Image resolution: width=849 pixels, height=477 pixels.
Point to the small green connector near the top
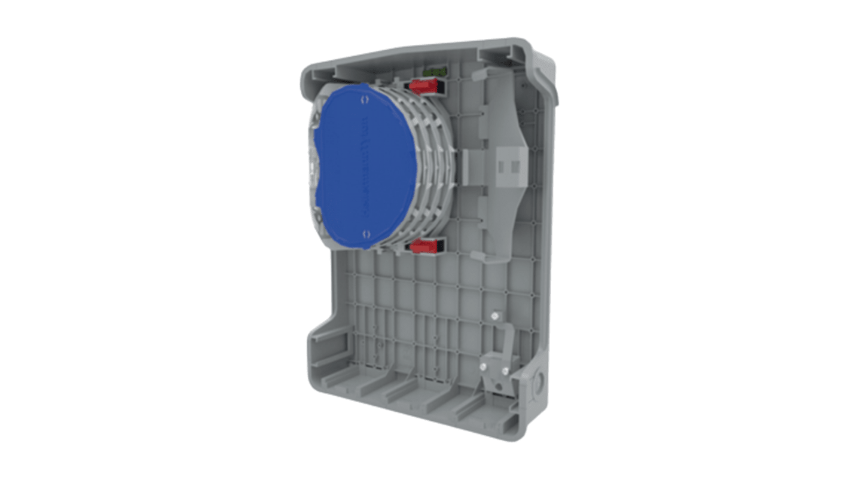click(x=435, y=72)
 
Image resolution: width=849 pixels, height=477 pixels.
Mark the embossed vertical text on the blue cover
click(x=362, y=167)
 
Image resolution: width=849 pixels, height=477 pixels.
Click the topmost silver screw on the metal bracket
click(x=494, y=315)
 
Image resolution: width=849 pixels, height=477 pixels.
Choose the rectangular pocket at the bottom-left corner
click(x=326, y=347)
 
